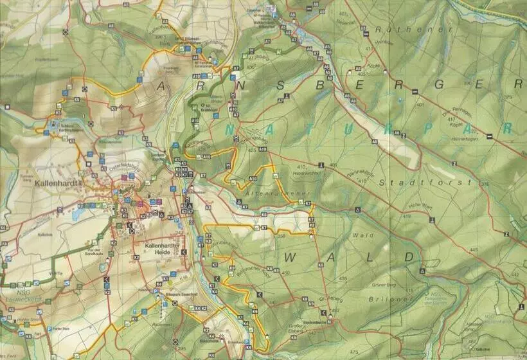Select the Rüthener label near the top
(x=393, y=29)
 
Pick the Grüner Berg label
(x=381, y=284)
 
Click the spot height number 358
(x=280, y=237)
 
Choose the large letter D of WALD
(x=409, y=257)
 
